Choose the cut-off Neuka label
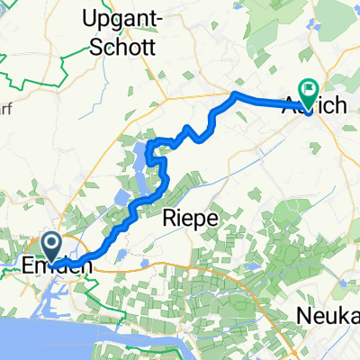[329, 316]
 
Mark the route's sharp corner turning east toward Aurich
[236, 94]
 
